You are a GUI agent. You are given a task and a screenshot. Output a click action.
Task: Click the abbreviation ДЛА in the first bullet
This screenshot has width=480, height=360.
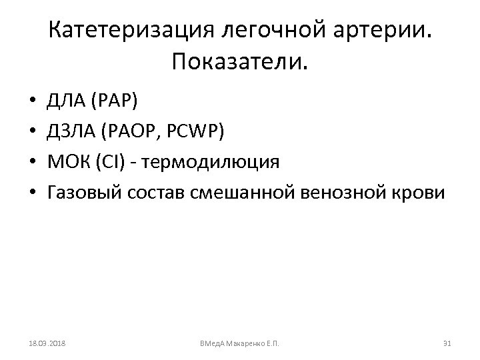[x=65, y=103]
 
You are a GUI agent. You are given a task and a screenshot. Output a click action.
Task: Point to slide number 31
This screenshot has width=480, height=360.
[x=447, y=343]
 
